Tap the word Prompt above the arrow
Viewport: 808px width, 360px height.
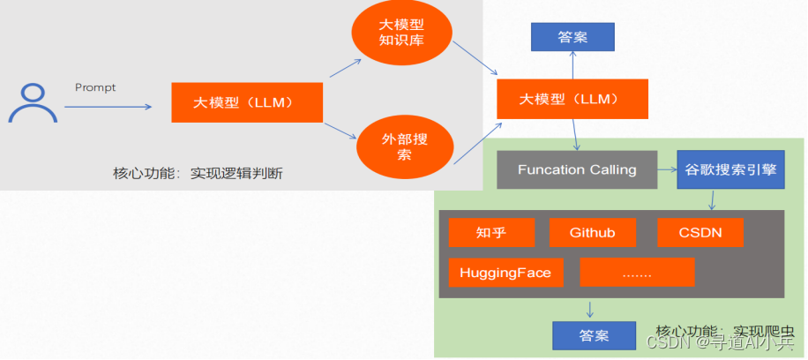[x=95, y=87]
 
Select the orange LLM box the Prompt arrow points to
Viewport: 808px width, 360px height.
[x=246, y=102]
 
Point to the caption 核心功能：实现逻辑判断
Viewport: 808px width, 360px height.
[x=197, y=173]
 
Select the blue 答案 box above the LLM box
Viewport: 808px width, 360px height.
[x=572, y=37]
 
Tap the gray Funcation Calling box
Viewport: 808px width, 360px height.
[x=577, y=169]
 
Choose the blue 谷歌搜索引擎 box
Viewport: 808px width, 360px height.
[x=731, y=169]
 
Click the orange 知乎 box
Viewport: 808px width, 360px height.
[x=491, y=232]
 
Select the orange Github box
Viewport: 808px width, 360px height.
[x=592, y=232]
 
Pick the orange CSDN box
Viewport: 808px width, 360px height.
[x=700, y=232]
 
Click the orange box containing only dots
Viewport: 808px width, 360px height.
[x=637, y=273]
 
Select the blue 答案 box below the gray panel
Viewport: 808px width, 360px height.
[x=594, y=335]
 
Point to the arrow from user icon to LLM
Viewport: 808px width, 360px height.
[x=108, y=107]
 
